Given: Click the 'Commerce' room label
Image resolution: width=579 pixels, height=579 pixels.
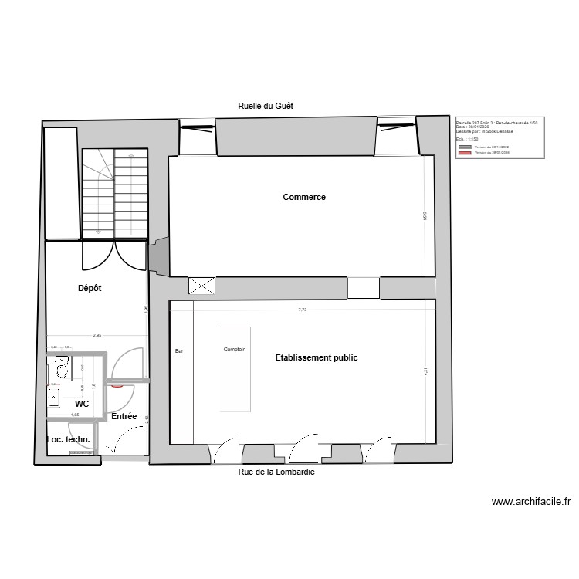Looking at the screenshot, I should tap(304, 197).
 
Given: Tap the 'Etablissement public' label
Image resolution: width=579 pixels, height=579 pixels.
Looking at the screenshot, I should tap(317, 358).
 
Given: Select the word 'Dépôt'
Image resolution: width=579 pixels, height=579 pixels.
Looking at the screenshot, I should tap(90, 289).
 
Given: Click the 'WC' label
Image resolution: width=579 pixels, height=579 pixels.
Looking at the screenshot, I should tap(82, 404).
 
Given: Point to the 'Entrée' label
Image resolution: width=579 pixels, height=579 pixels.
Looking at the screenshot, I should tap(124, 416).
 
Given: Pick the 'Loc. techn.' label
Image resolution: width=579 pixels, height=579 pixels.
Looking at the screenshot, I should tap(69, 439).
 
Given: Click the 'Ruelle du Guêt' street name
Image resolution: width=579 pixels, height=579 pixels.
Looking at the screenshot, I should tap(266, 106).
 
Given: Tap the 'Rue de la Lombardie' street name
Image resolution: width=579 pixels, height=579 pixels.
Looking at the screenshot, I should tap(276, 472).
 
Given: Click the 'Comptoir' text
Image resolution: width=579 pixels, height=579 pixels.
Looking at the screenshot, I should tap(234, 350).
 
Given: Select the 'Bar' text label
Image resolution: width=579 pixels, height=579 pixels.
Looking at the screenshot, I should tap(179, 351).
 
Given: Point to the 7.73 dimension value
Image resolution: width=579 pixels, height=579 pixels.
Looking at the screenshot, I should tap(303, 310).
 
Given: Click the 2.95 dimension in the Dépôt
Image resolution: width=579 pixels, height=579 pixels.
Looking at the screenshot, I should tap(96, 336).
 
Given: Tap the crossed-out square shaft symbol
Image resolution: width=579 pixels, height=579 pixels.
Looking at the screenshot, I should tap(202, 286).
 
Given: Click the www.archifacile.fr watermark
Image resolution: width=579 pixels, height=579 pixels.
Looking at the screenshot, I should tap(531, 502).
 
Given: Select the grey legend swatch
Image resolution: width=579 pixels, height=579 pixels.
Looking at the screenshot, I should tap(464, 147).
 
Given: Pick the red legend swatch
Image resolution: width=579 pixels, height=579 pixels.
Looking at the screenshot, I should tap(464, 153).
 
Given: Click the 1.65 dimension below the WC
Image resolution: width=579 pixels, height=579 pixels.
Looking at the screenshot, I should tap(75, 415).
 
